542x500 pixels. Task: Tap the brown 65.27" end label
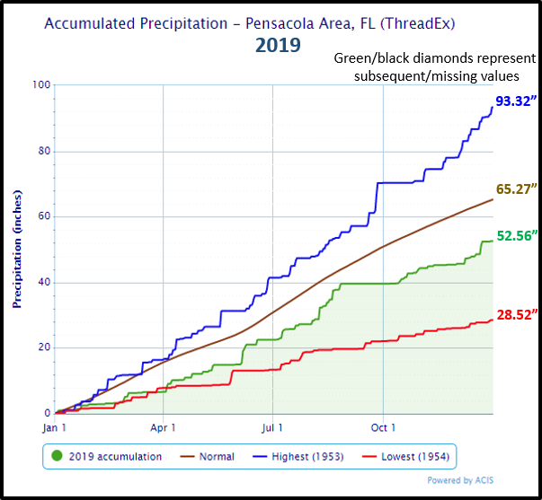tap(516, 189)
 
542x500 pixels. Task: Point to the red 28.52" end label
tap(516, 313)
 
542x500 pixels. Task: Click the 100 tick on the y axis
tap(41, 85)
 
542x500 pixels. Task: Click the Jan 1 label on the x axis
tap(54, 428)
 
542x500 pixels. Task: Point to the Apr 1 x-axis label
tap(163, 428)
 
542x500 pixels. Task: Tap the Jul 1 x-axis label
tap(272, 428)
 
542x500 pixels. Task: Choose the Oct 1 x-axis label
tap(383, 428)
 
